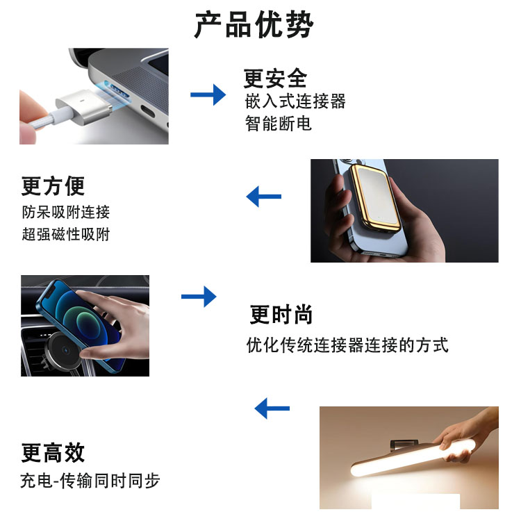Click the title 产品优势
[254, 24]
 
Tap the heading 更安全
[275, 78]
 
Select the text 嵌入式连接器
[295, 101]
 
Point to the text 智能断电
[279, 123]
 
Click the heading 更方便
[53, 186]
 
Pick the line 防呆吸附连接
[66, 212]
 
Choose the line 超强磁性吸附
[66, 234]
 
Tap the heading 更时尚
[281, 314]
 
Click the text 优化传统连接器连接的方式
[347, 345]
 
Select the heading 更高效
[53, 452]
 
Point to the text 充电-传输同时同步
[90, 481]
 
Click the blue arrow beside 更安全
[208, 94]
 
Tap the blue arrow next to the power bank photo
[264, 197]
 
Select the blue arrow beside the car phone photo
[199, 297]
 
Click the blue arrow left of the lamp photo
[272, 408]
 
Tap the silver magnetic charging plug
[83, 106]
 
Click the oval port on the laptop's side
[147, 111]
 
